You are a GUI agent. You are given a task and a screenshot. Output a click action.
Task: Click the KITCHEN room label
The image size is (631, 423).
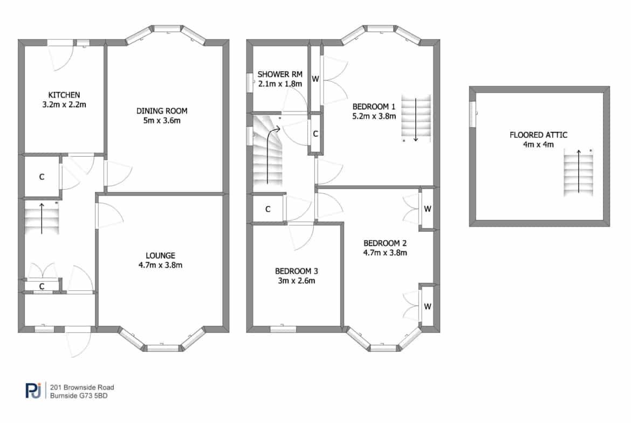[64, 95]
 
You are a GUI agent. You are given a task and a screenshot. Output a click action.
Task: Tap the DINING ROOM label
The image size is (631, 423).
[162, 111]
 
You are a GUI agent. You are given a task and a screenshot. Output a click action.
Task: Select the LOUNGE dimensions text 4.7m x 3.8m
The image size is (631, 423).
[160, 265]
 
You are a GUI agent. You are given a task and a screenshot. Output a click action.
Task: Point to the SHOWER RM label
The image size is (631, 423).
[280, 74]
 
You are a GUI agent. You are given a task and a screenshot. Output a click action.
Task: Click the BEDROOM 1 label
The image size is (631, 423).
[374, 107]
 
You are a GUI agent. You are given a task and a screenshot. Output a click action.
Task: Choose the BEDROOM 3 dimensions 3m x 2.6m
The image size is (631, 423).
[297, 281]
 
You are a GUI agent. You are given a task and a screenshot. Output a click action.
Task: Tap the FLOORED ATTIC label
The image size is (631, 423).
[538, 135]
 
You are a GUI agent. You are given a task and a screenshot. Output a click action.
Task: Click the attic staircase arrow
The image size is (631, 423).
[579, 171]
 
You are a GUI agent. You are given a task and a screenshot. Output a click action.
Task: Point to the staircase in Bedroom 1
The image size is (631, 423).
[416, 118]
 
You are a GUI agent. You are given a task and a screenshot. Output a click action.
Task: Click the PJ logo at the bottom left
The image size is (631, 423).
[33, 391]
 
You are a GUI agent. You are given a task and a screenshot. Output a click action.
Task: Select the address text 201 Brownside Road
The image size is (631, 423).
[82, 387]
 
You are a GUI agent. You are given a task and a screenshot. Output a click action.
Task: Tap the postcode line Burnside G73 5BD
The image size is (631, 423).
[79, 396]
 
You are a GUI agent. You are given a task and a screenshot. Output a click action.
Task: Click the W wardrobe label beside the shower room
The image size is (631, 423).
[315, 79]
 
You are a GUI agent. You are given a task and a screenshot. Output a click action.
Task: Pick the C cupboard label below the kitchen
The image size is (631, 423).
[42, 177]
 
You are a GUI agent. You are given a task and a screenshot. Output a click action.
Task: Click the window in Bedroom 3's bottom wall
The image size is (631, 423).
[283, 329]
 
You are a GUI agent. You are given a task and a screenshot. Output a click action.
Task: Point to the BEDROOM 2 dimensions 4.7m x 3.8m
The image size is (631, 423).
[385, 253]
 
